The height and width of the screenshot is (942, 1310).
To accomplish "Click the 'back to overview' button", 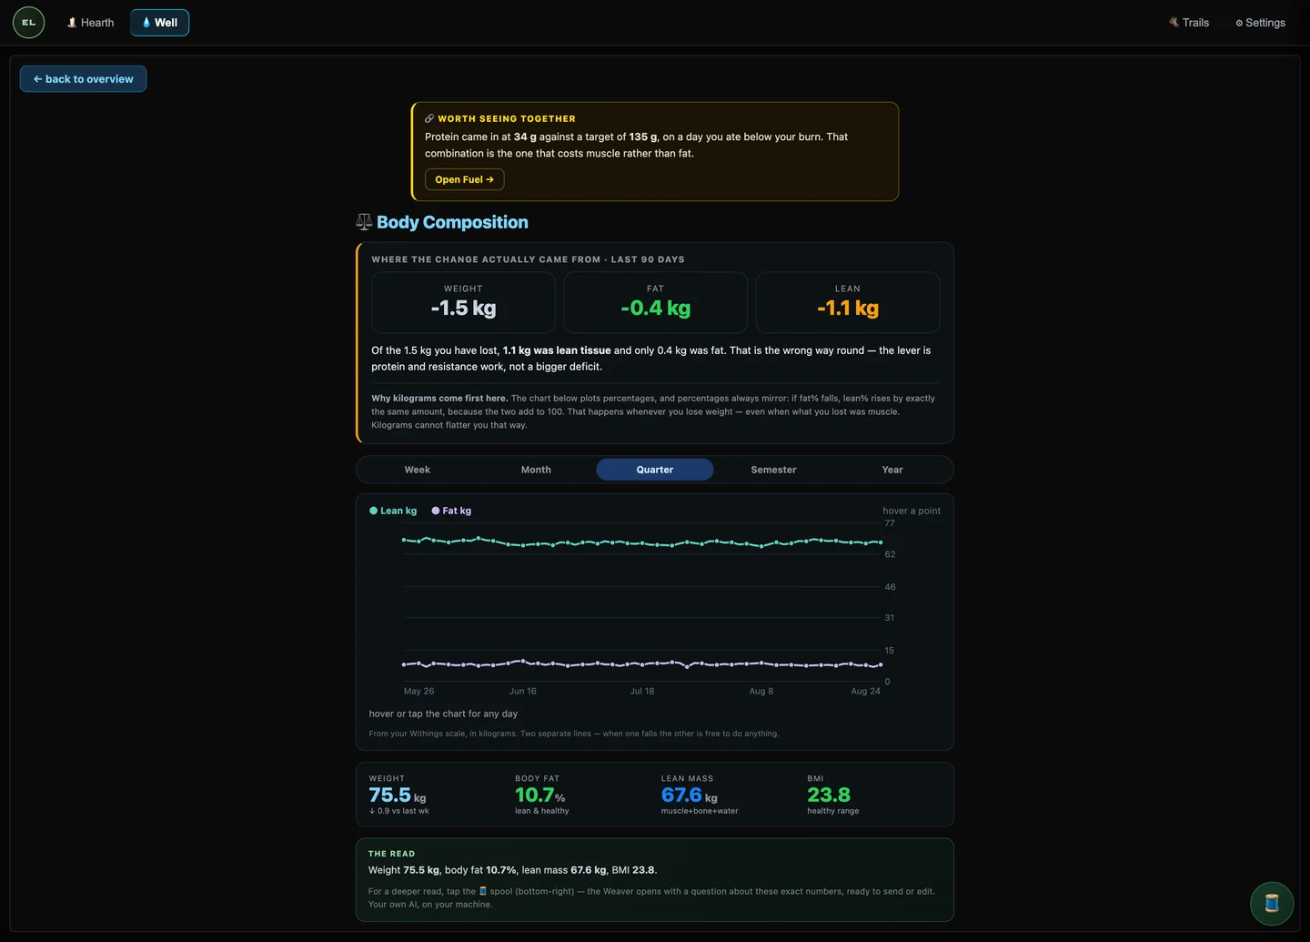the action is coord(83,79).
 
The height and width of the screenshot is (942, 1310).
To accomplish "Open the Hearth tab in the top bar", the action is coord(90,23).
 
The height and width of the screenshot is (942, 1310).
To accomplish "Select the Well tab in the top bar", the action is coord(160,23).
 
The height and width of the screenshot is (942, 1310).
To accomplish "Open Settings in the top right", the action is coord(1260,23).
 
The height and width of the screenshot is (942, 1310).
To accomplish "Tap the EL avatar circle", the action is coord(29,23).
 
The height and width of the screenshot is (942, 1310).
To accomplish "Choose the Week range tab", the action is coord(417,470).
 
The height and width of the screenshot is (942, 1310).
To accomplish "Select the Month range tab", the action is coord(536,470).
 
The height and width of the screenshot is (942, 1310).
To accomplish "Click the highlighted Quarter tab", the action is coord(654,470).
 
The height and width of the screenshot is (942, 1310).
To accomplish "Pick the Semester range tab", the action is coord(773,470).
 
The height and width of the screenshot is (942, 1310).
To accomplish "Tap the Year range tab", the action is coord(892,470).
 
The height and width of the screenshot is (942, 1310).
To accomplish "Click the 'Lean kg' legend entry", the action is coord(393,511).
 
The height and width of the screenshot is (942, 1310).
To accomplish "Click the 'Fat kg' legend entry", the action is coord(451,511).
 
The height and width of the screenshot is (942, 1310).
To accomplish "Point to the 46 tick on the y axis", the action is coord(890,587).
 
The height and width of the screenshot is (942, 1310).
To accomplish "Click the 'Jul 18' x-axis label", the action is coord(641,691).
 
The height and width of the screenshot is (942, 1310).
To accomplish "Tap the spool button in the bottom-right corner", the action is coord(1272,904).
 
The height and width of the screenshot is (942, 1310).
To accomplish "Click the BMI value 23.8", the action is coord(829,795).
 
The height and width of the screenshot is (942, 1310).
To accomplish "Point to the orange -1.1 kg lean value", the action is coord(848,308).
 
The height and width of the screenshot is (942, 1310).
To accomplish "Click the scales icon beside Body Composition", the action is coord(364,222).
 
